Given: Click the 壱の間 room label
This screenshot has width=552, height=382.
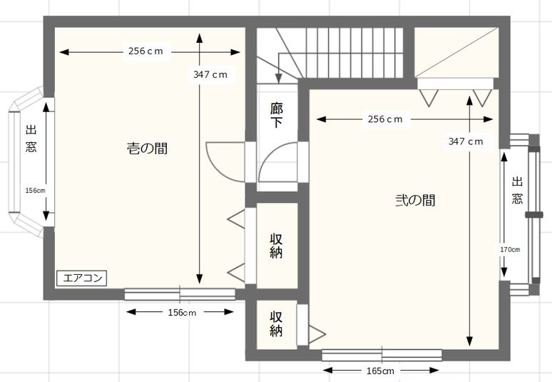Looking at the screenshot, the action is pos(147,149).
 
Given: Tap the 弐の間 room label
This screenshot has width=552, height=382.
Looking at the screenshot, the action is pos(415,200).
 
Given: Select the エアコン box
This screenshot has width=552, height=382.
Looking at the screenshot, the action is pos(82,278).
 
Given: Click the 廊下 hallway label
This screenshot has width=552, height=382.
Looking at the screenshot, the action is pos(277,115).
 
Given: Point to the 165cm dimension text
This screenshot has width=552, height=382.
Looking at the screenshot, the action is pos(381,371).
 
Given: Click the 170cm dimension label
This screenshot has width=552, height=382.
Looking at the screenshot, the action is pos(510,249).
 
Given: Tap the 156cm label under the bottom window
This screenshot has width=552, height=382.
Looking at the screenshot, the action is pos(182,313).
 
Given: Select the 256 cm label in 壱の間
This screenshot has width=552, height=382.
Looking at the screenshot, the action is pos(145,51).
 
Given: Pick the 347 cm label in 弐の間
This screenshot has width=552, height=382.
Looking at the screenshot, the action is pos(466,141).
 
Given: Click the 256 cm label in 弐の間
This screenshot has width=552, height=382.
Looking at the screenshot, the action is pos(385,119).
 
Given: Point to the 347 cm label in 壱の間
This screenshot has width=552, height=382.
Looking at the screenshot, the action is pos(210,75).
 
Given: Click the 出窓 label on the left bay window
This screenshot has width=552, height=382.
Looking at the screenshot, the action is pos(31,138).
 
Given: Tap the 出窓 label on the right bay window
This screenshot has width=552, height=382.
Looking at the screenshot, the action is pos(517,191).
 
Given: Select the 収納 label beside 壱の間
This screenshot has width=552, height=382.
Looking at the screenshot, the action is pos(276,246).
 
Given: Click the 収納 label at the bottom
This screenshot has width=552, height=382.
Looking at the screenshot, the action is pos(276,324).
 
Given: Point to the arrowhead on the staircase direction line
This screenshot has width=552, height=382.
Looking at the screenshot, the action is pos(279,79).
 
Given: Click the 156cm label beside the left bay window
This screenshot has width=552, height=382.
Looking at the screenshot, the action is pos(35,191).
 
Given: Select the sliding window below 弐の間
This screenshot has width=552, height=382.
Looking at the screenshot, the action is pos(382,355).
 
